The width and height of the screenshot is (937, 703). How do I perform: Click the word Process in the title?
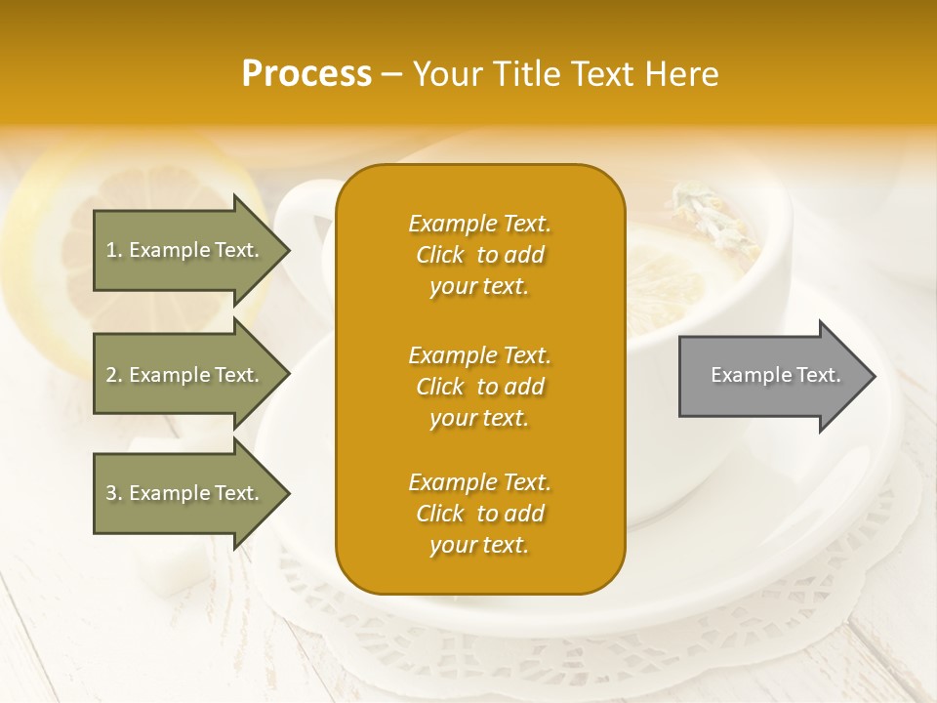point(306,74)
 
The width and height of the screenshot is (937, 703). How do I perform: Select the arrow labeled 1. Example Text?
point(185,250)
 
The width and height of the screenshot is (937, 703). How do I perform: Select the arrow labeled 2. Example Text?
point(185,375)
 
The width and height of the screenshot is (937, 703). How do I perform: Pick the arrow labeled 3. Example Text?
point(185,493)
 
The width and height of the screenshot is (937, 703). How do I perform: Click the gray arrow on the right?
point(771,376)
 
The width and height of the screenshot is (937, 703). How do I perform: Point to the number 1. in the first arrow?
point(114,250)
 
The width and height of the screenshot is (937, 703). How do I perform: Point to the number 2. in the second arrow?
point(114,375)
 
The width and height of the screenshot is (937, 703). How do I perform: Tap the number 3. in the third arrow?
point(114,493)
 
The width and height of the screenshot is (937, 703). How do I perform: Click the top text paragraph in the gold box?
point(479,255)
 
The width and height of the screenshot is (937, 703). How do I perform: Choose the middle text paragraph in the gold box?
point(479,387)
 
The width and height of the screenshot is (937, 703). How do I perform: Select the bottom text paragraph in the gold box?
point(479,514)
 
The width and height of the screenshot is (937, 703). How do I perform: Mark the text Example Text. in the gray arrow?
point(776,375)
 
